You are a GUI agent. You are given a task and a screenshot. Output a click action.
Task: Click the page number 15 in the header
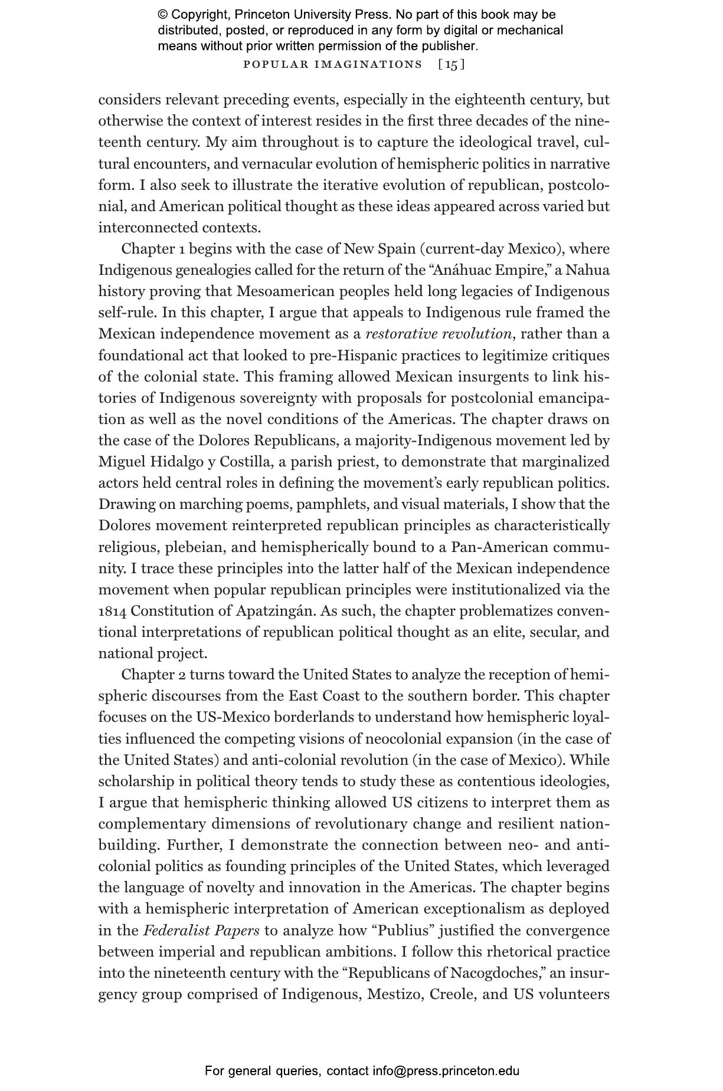[452, 64]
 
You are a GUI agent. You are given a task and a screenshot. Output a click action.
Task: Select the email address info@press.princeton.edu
[446, 1071]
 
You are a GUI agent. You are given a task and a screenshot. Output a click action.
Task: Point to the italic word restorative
[402, 334]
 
